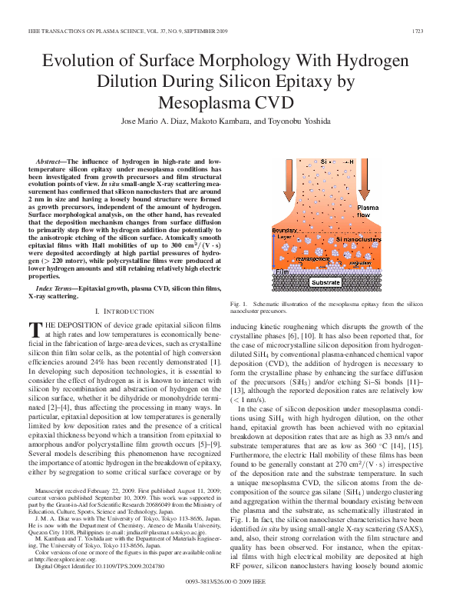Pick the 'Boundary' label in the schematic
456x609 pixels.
click(x=284, y=230)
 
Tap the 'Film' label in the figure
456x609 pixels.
click(x=281, y=271)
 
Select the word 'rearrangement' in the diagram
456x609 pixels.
click(x=313, y=259)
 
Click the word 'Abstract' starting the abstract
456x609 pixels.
click(x=50, y=161)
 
